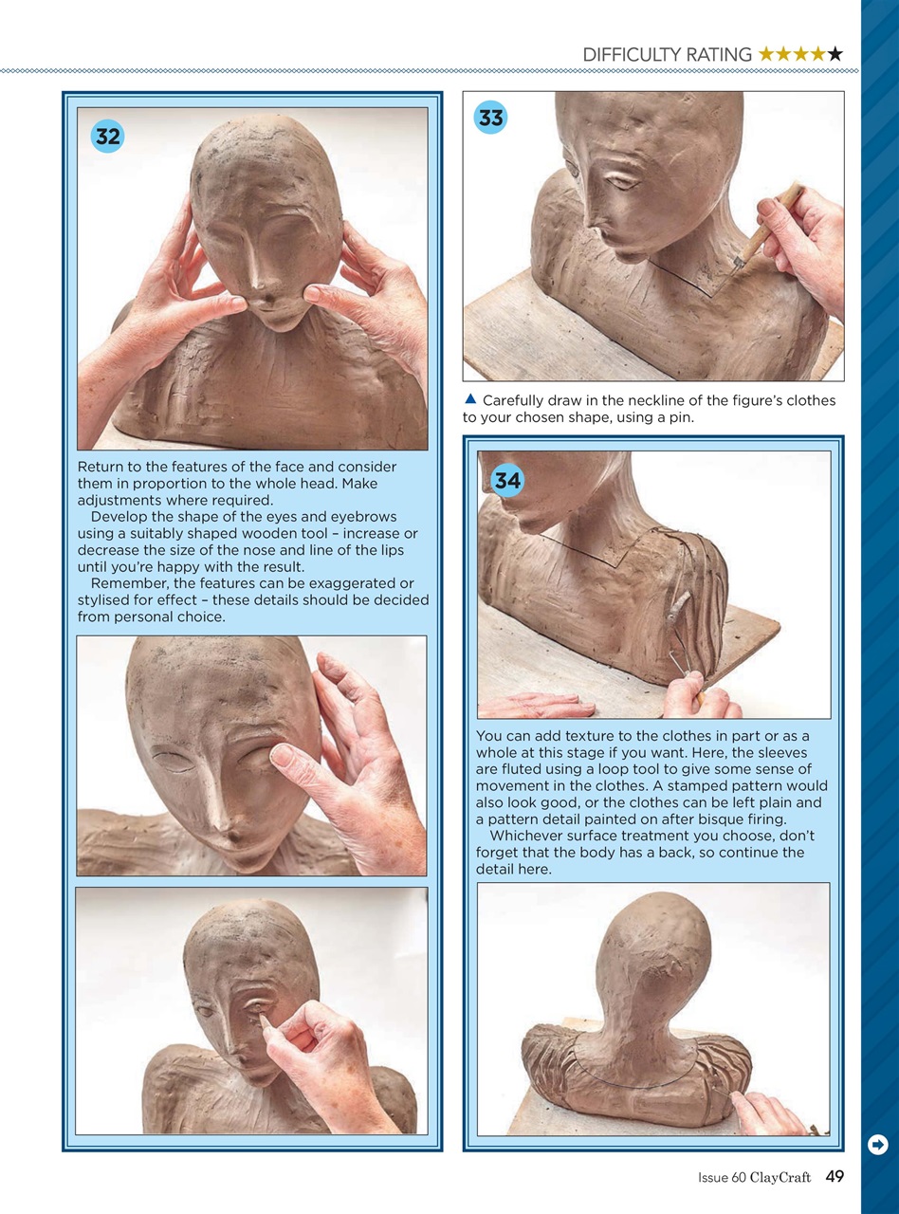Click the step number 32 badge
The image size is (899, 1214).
(108, 137)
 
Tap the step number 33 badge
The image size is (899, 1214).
(491, 118)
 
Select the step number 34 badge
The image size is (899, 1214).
(507, 481)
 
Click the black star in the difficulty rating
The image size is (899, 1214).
(835, 55)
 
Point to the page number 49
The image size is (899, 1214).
(835, 1177)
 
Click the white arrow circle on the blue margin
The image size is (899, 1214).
(878, 1145)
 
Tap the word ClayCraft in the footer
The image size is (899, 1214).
(780, 1178)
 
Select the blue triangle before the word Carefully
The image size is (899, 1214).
(469, 399)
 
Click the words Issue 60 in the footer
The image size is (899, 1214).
(722, 1178)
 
